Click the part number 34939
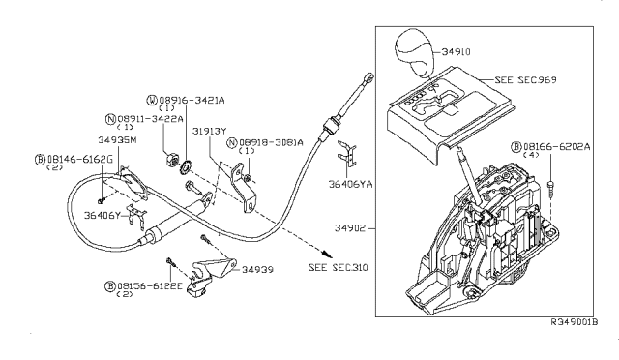[x=261, y=270]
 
